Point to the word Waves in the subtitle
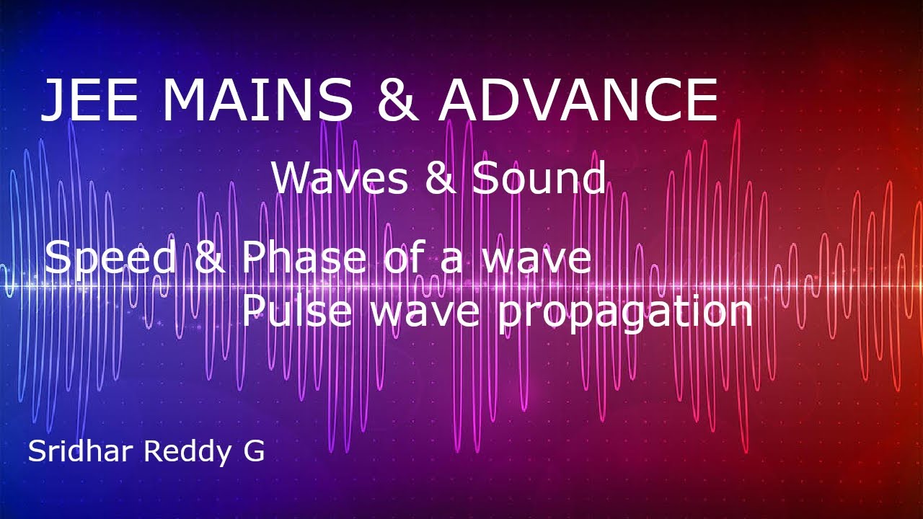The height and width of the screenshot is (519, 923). (340, 178)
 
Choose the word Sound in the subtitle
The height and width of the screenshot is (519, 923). (539, 178)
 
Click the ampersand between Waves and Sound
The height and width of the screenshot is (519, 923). (441, 178)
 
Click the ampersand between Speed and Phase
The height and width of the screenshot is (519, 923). (210, 257)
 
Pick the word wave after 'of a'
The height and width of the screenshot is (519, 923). (536, 259)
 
